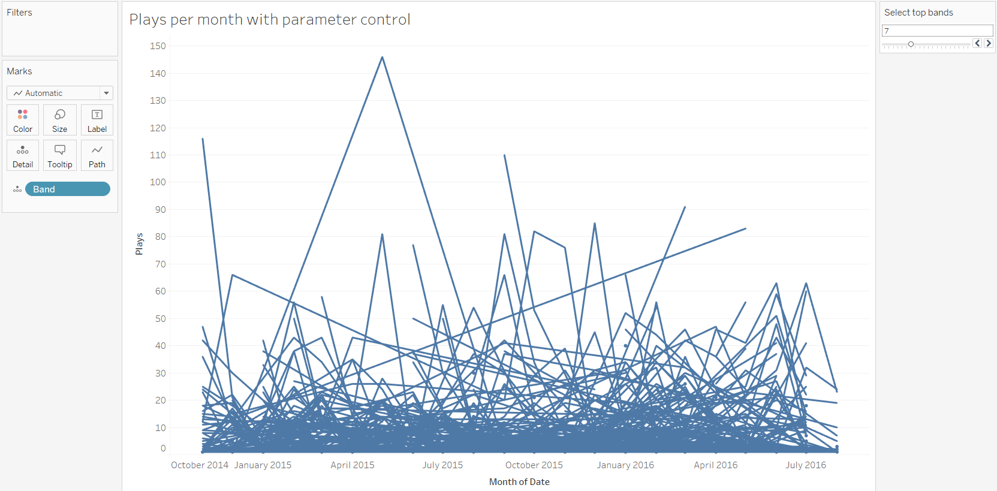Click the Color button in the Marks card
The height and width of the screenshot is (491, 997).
click(23, 120)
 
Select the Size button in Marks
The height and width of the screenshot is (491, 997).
click(60, 120)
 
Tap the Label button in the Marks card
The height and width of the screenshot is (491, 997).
click(97, 120)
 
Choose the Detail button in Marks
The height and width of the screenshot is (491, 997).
click(23, 155)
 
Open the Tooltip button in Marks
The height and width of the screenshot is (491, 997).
click(60, 155)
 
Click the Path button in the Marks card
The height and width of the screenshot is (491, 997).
click(97, 155)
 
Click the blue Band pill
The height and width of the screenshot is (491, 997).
click(67, 189)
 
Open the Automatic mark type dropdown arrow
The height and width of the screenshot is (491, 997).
click(106, 93)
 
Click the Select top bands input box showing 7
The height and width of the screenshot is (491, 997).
click(937, 31)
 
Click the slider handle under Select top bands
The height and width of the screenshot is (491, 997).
click(911, 44)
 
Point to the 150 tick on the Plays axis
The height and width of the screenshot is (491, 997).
click(158, 46)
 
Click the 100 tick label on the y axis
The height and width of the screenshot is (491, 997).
click(158, 182)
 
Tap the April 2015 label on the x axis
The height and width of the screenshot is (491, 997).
click(353, 465)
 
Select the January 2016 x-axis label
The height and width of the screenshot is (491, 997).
click(625, 465)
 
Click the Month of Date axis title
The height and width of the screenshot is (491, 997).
click(519, 482)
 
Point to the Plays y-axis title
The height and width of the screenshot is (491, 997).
click(139, 244)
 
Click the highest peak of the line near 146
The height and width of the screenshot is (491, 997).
click(382, 58)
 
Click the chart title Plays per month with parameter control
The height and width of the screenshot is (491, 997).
click(270, 20)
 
